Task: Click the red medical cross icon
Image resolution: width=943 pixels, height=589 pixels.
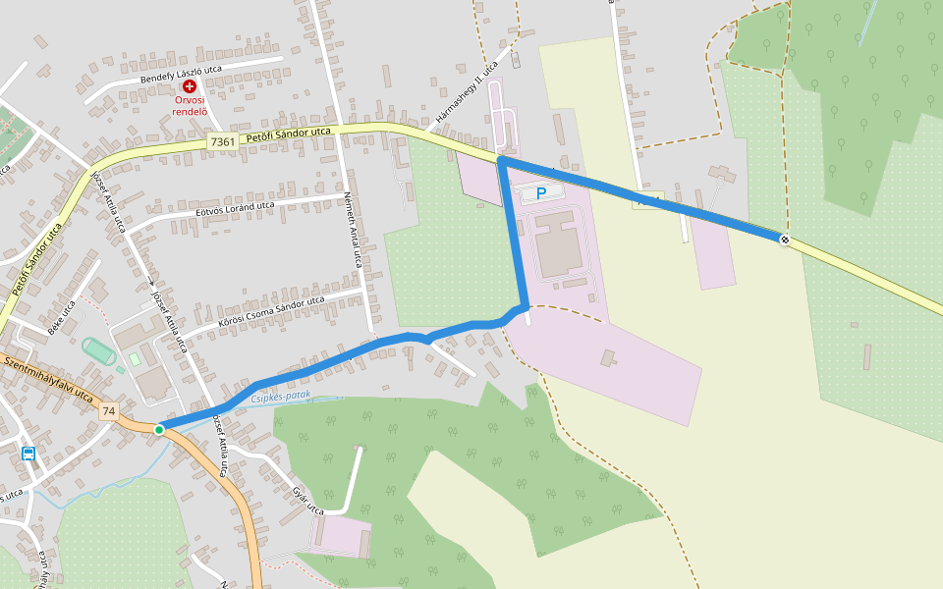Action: point(190,87)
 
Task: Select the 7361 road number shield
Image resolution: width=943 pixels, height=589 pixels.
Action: point(223,142)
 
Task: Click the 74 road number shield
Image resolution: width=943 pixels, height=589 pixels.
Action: point(108,411)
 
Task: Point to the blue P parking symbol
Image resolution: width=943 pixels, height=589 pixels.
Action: point(540,193)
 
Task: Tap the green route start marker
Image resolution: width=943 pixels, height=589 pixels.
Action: point(159,429)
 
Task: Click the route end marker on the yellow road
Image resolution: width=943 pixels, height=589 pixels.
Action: point(784,240)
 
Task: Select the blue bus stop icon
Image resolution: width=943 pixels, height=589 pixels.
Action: point(28,454)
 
